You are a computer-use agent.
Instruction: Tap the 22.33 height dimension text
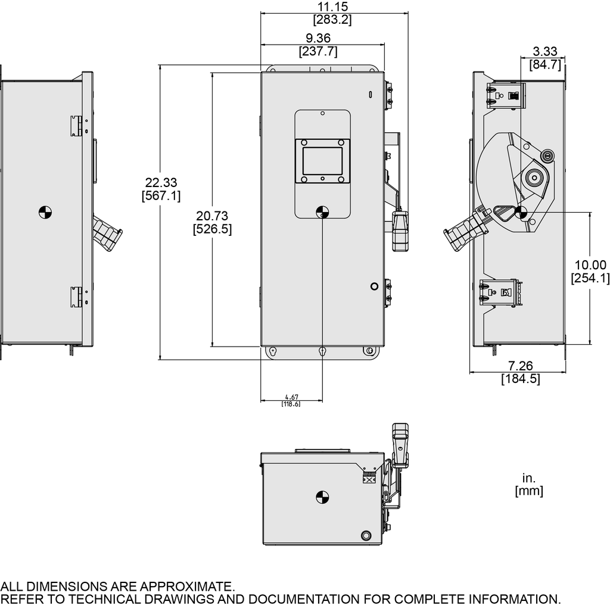(161, 183)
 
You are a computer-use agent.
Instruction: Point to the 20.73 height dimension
(212, 216)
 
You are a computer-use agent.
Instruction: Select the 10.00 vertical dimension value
(589, 265)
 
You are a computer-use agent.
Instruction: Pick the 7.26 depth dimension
(520, 366)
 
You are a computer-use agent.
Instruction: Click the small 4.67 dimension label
(291, 397)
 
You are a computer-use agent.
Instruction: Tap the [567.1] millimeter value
(161, 196)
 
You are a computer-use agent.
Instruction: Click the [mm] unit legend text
(529, 491)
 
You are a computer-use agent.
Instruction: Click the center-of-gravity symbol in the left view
(45, 211)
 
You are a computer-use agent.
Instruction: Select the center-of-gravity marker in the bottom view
(322, 497)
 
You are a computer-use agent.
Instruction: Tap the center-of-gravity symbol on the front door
(322, 211)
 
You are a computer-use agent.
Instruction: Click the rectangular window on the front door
(322, 161)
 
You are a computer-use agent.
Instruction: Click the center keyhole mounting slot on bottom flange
(322, 351)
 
